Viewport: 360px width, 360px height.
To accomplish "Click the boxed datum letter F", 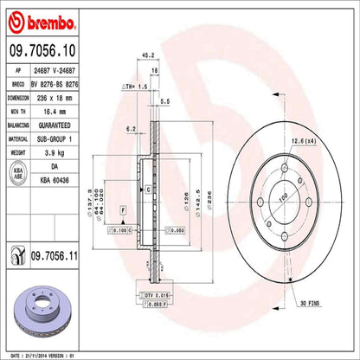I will point(123,210).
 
